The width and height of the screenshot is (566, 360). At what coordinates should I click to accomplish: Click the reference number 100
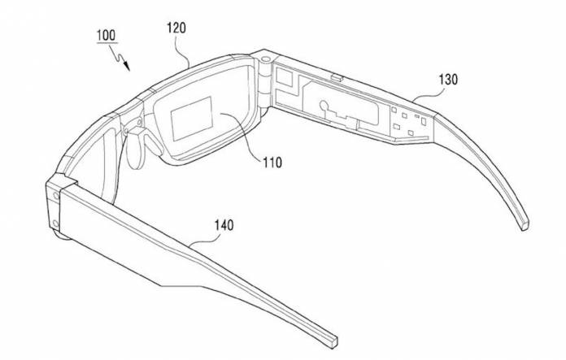click(x=106, y=36)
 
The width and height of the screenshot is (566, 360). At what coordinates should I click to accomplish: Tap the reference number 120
click(x=176, y=28)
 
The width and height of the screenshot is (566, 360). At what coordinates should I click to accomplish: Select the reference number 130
click(x=448, y=80)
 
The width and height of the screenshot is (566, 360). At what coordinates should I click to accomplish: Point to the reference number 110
click(x=272, y=163)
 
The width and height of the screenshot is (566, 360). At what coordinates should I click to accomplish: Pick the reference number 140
click(x=224, y=225)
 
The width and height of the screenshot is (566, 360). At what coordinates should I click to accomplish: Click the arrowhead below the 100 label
click(x=126, y=66)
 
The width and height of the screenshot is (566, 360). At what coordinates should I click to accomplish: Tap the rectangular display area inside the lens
click(x=191, y=119)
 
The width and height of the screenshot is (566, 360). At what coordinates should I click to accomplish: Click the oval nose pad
click(x=133, y=151)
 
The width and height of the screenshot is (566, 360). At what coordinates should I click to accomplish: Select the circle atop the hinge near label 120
click(x=265, y=59)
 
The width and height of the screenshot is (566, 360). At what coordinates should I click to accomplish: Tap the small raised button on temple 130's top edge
click(x=337, y=77)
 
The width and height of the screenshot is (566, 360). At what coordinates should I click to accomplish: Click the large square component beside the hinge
click(x=284, y=76)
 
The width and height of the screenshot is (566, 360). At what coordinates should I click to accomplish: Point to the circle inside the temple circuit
click(x=324, y=106)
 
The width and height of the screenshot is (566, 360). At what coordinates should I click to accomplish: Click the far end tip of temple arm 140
click(x=333, y=341)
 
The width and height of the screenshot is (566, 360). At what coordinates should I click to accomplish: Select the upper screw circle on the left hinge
click(x=56, y=196)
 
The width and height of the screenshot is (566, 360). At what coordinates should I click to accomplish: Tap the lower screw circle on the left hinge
click(x=55, y=223)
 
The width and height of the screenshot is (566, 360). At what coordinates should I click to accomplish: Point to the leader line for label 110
click(x=242, y=138)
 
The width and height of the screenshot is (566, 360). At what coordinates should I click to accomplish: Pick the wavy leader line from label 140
click(x=205, y=239)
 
